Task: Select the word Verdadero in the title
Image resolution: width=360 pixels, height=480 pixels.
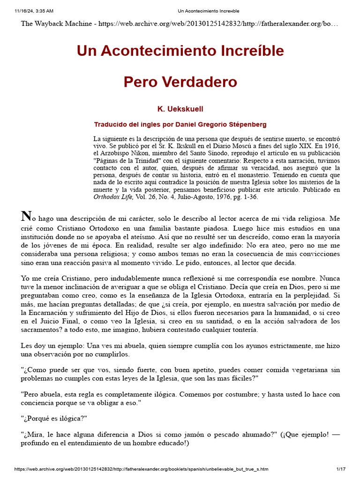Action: [x=201, y=82]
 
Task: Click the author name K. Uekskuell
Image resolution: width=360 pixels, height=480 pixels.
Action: [x=180, y=109]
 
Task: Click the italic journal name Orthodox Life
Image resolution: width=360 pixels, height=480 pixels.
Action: [x=111, y=197]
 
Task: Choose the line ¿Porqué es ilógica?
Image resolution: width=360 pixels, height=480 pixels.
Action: [x=54, y=418]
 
